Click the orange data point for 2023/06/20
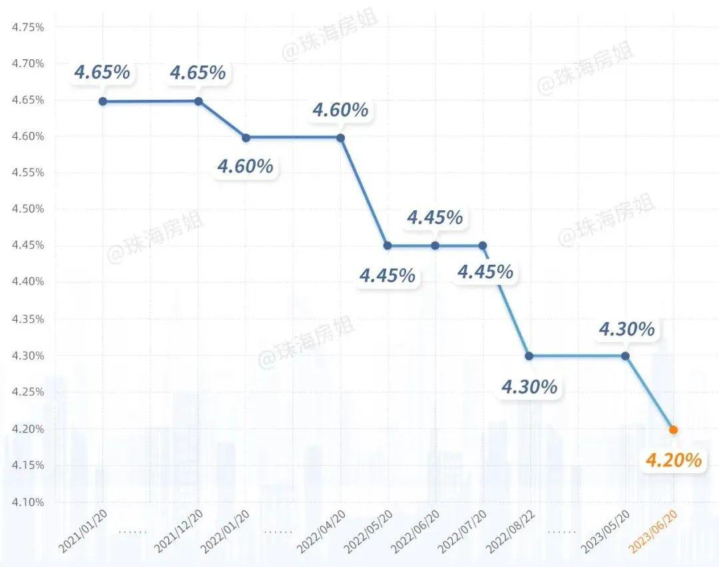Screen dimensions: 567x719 pyautogui.click(x=673, y=430)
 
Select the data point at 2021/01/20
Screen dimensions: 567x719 pyautogui.click(x=103, y=101)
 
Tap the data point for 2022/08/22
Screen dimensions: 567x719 pyautogui.click(x=529, y=355)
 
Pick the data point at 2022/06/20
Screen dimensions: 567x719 pyautogui.click(x=435, y=246)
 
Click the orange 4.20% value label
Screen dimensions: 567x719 pyautogui.click(x=674, y=460)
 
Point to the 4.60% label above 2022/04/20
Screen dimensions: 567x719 pyautogui.click(x=340, y=110)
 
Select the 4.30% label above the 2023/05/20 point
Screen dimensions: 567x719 pyautogui.click(x=626, y=329)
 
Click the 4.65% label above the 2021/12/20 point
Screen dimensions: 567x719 pyautogui.click(x=198, y=73)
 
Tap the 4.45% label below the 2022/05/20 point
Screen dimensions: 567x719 pyautogui.click(x=387, y=275)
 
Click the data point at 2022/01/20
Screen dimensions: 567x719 pyautogui.click(x=246, y=138)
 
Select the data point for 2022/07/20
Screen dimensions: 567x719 pyautogui.click(x=483, y=246)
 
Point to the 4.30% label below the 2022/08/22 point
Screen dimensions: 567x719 pyautogui.click(x=529, y=387)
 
